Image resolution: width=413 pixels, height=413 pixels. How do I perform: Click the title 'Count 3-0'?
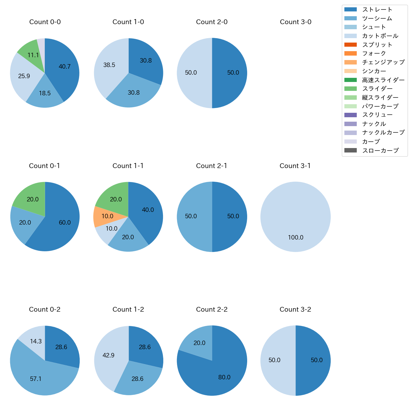[295, 22]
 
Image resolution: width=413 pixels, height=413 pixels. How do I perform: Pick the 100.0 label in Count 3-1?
[295, 237]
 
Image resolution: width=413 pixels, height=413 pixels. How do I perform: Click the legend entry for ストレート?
[377, 10]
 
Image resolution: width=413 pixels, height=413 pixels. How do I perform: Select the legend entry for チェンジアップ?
[383, 62]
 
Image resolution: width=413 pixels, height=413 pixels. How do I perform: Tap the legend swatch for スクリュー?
[350, 115]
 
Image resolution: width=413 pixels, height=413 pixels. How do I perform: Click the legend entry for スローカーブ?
[380, 150]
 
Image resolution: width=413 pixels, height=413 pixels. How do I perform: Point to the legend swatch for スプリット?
[350, 45]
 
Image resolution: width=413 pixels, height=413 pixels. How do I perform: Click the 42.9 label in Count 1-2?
[108, 355]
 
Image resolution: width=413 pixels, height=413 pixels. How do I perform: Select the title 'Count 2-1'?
[212, 166]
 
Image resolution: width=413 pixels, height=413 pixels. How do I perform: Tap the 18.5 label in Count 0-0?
[45, 93]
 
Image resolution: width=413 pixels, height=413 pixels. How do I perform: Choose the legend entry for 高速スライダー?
[383, 80]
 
